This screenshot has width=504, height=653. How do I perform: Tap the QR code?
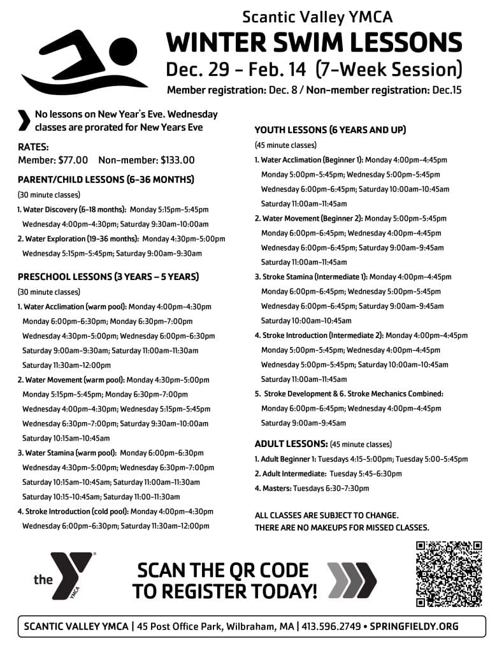[449, 573]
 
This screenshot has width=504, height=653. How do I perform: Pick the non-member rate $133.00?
[178, 161]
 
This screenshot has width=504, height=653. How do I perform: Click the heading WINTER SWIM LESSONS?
[314, 43]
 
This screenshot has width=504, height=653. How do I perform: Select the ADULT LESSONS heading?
[291, 443]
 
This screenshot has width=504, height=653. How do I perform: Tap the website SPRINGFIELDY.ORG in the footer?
[415, 626]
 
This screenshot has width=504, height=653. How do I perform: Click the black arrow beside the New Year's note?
[24, 121]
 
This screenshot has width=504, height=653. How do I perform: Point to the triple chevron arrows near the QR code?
[352, 580]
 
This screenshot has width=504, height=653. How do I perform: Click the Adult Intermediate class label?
[291, 474]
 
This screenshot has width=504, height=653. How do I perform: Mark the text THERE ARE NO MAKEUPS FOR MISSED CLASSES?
[342, 527]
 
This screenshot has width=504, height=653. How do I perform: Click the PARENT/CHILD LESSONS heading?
[106, 179]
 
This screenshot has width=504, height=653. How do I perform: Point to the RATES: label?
[33, 147]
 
